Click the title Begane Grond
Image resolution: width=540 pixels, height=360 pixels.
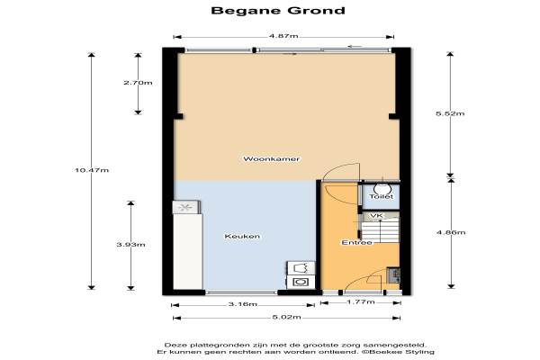tap(278, 10)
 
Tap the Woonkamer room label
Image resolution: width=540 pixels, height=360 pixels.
tap(272, 159)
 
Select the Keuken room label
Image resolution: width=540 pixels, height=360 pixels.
tap(242, 237)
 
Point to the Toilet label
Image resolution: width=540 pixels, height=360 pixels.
tap(382, 196)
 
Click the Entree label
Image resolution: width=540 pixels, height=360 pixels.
tap(356, 242)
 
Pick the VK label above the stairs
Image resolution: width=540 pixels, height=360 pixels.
tap(376, 216)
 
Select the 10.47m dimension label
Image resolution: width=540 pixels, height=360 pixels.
tap(92, 170)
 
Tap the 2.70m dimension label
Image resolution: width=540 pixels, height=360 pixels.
tap(138, 83)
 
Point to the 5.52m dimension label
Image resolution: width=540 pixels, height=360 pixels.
tap(450, 113)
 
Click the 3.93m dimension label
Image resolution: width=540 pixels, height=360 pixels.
tap(130, 245)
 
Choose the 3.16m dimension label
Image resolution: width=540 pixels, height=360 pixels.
tap(243, 304)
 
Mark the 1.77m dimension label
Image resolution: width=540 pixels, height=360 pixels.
tap(361, 302)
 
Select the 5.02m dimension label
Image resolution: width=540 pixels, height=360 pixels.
tap(286, 317)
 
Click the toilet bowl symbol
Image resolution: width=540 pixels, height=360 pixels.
tap(382, 187)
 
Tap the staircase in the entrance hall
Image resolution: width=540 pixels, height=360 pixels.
tap(380, 230)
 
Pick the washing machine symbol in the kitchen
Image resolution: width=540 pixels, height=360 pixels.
tap(301, 282)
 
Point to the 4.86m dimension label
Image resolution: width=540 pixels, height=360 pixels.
tap(451, 232)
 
